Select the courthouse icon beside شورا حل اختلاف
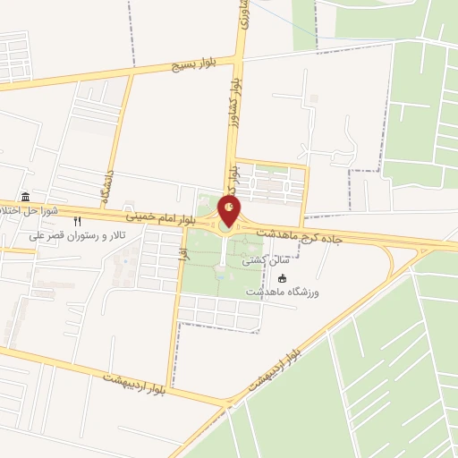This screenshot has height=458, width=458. click(x=23, y=197)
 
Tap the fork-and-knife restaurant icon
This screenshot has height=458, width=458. click(x=78, y=221)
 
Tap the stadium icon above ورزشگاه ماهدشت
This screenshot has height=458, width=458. click(x=309, y=279)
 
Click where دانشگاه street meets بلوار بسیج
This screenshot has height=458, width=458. click(x=131, y=74)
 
